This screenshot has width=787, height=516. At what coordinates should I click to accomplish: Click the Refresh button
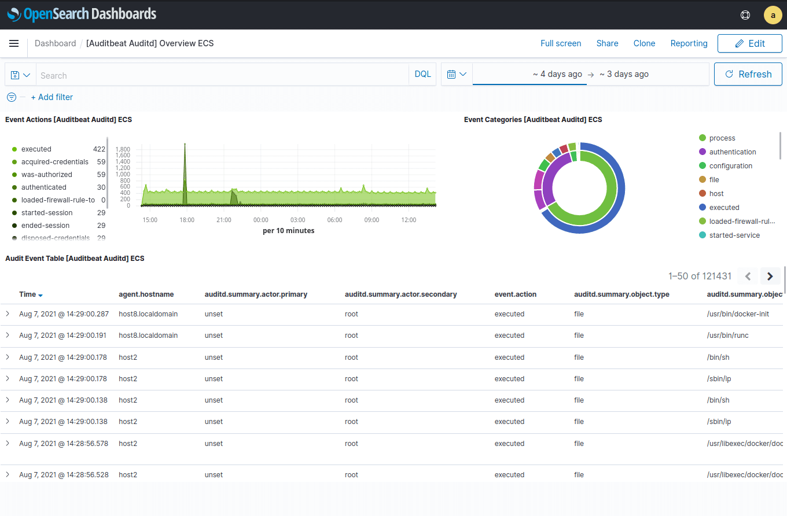(748, 74)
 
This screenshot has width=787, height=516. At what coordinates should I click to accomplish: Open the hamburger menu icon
(14, 43)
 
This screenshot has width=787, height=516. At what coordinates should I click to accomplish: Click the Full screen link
(560, 43)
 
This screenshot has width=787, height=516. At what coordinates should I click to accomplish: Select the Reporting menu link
(689, 43)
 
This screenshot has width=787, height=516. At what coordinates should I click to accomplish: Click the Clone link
(644, 43)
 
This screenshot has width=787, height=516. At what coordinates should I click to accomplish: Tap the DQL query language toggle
(422, 74)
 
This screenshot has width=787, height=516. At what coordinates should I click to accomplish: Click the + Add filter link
(52, 97)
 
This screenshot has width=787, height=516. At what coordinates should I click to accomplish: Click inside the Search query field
(223, 75)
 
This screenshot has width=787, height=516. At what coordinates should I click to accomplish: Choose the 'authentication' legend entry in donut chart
(732, 152)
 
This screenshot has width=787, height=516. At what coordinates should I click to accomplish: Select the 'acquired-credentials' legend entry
(54, 162)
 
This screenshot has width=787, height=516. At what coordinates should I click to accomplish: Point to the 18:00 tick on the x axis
(187, 220)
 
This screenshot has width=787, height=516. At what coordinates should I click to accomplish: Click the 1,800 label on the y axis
(123, 149)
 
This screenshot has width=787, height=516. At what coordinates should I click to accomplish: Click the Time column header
(28, 294)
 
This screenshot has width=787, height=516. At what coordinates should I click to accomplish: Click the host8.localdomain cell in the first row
(148, 314)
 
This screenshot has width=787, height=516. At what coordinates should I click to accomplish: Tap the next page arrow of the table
(770, 277)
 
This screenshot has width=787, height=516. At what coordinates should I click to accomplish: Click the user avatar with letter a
(773, 15)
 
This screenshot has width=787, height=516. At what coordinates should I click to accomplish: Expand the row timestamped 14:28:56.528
(8, 474)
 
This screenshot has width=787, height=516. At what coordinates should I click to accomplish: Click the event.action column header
(515, 294)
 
